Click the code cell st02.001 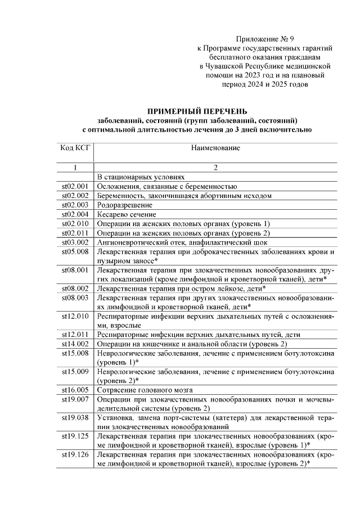[75, 186]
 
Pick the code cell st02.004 [75, 214]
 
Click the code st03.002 [75, 242]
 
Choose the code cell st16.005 [75, 390]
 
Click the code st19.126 [75, 454]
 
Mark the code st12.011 [75, 334]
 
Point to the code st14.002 [75, 344]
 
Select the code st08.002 [75, 289]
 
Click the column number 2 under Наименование [215, 167]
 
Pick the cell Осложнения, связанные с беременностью [166, 186]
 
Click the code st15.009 [75, 371]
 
